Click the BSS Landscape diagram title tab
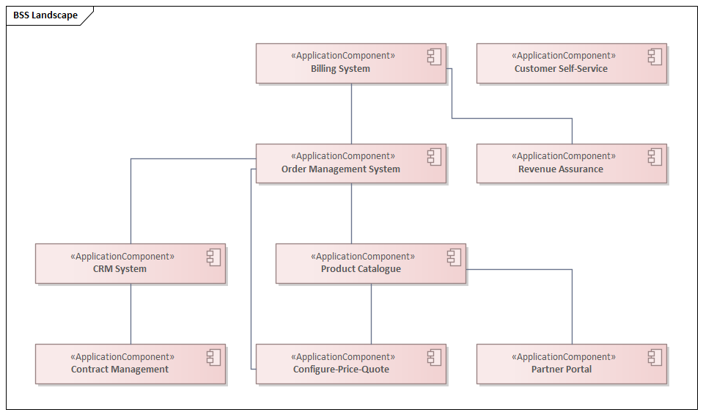point(45,15)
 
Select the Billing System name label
point(340,69)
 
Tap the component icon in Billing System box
point(434,56)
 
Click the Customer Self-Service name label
point(561,69)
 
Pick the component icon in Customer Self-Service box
point(655,56)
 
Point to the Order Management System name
point(340,169)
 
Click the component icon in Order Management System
point(434,157)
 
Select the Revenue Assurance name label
point(561,169)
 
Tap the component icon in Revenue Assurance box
point(655,157)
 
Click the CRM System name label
point(119,269)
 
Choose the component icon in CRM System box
point(213,257)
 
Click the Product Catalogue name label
point(361,269)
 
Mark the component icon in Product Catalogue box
point(454,257)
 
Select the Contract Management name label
point(119,370)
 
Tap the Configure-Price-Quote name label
point(341,370)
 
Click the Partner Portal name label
point(562,370)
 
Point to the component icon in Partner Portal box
point(655,358)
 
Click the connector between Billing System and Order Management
point(351,114)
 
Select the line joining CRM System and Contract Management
point(130,314)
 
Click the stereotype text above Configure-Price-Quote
point(343,357)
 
